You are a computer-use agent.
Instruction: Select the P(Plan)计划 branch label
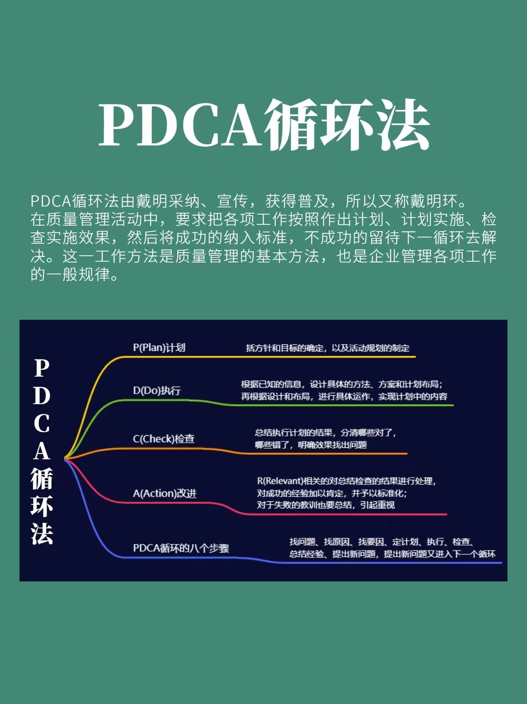[x=159, y=348]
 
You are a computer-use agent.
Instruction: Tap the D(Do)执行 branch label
[x=157, y=390]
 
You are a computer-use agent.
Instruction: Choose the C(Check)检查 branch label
[x=164, y=439]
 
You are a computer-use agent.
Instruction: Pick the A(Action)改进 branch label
[x=165, y=493]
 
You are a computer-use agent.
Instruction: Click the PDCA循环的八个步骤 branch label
[x=181, y=548]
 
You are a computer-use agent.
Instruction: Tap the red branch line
[x=224, y=506]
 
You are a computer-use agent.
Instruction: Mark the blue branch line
[x=257, y=559]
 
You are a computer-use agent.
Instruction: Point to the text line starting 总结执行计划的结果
[x=326, y=433]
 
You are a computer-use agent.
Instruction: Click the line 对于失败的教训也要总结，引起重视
[x=325, y=505]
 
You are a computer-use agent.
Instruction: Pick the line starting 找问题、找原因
[x=382, y=542]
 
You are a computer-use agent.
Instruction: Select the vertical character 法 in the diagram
[x=42, y=534]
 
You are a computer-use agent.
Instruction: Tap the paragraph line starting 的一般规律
[x=75, y=274]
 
